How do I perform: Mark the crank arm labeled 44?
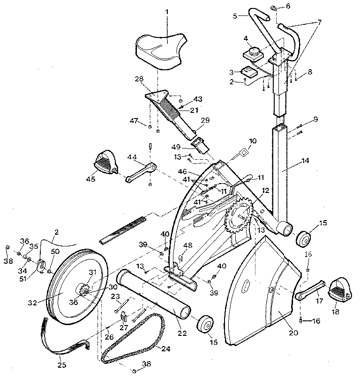tap(141, 171)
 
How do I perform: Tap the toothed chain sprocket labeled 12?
tap(239, 218)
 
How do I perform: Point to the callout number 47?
tap(135, 121)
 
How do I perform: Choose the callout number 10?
tap(253, 141)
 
